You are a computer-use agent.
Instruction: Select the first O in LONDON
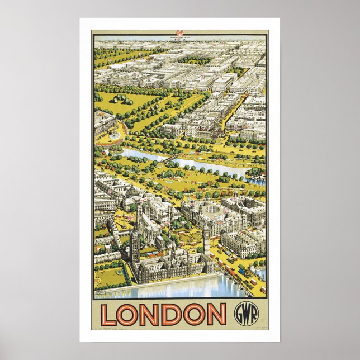tap(129, 314)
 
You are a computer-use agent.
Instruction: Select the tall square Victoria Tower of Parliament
tap(134, 246)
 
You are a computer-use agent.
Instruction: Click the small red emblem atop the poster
tap(180, 33)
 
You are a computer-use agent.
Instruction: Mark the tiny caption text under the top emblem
tap(180, 38)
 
